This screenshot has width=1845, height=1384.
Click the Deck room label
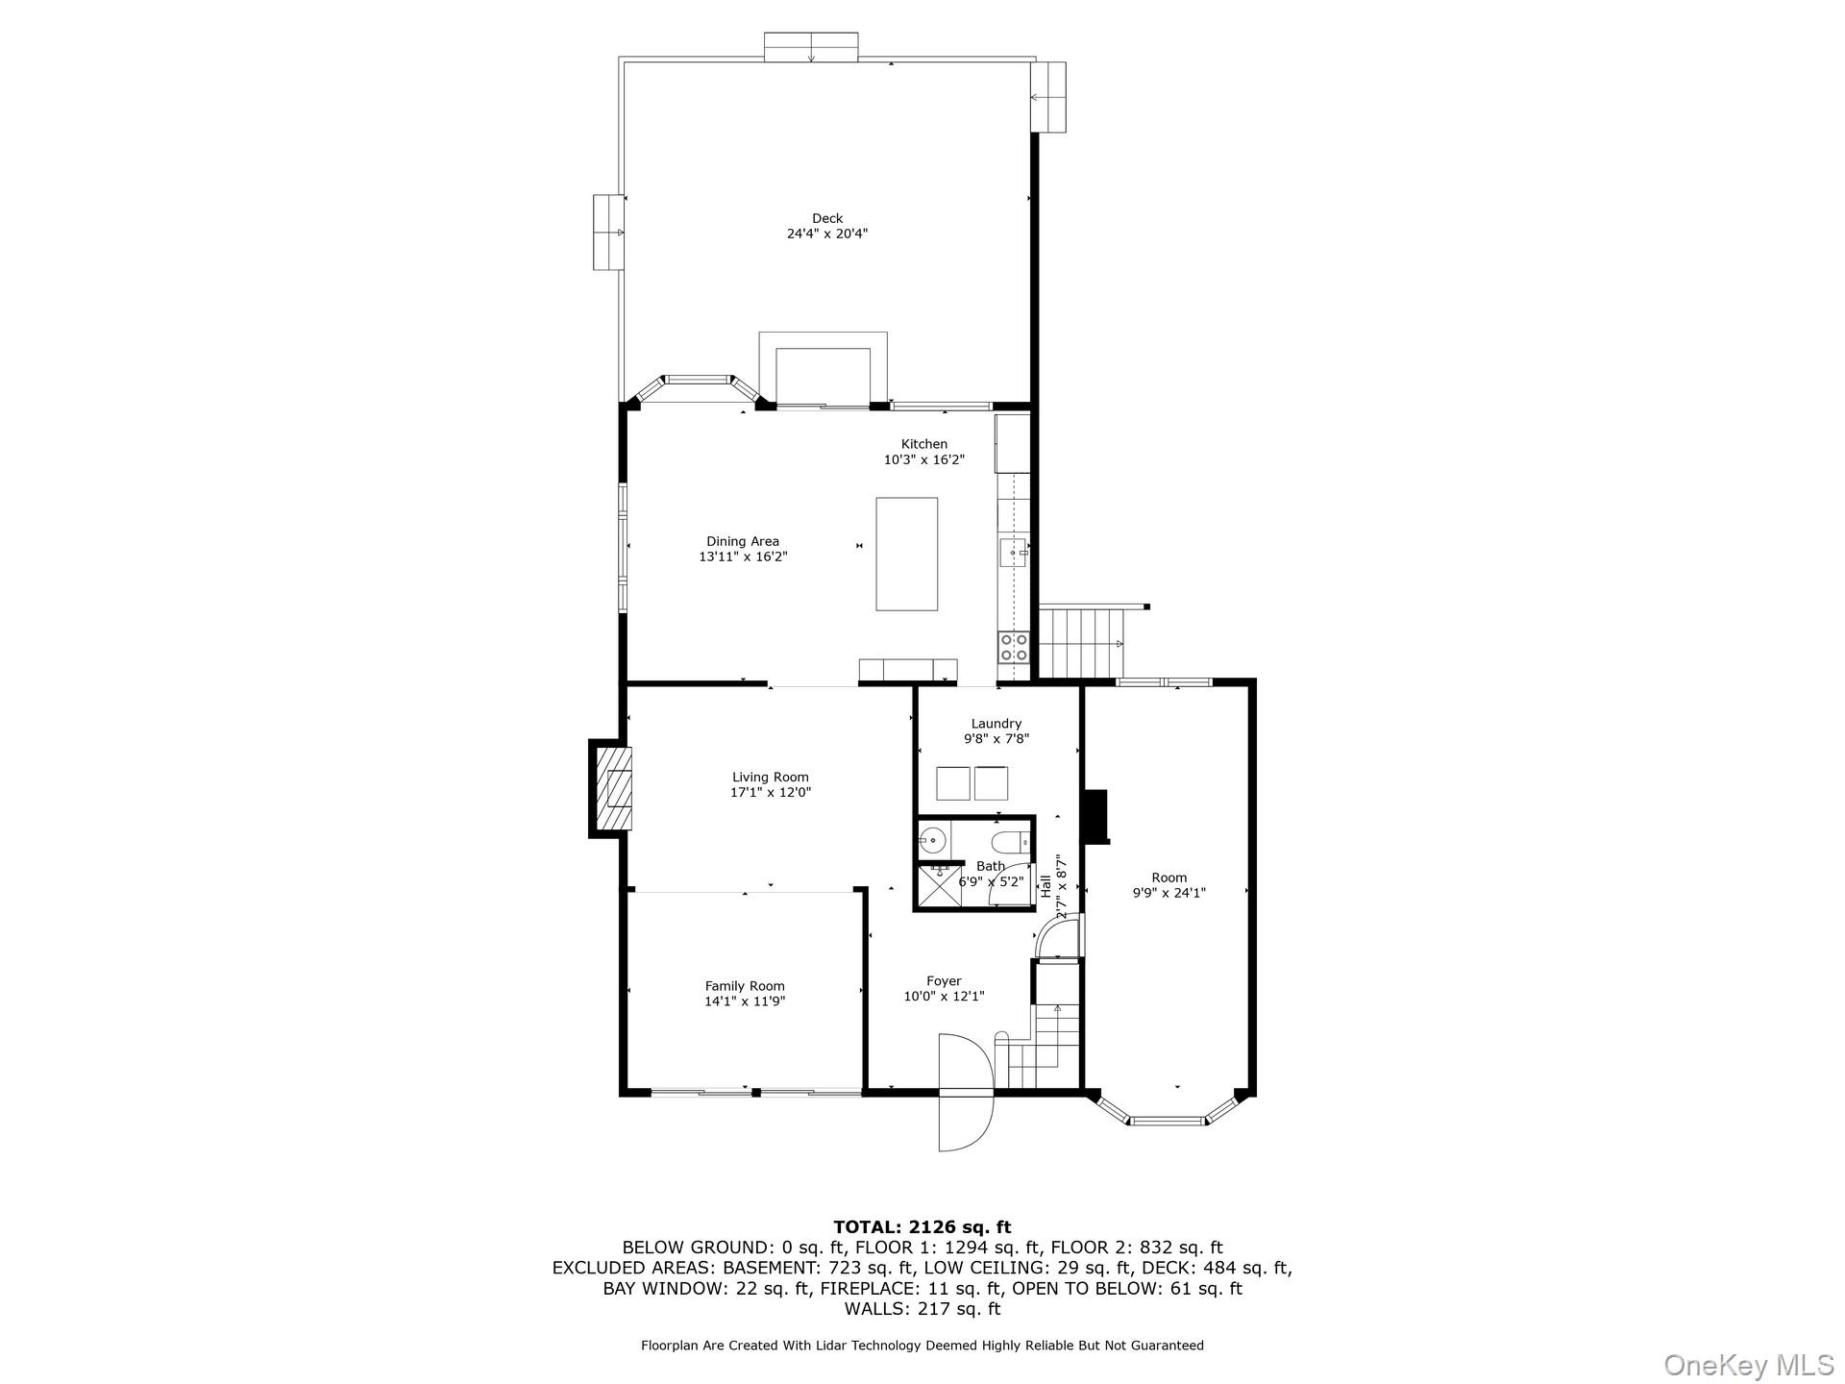coord(826,219)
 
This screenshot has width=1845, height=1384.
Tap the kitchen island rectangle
coord(906,554)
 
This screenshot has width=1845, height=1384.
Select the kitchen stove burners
coord(1014,647)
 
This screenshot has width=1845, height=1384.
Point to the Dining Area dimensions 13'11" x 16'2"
coord(743,556)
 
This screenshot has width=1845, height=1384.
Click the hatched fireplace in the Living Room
coord(614,788)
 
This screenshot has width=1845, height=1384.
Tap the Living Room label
coord(770,778)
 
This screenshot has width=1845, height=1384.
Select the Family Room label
coord(745,986)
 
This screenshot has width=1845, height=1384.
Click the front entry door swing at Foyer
coord(965,1093)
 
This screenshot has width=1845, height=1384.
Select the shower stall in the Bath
coord(939,886)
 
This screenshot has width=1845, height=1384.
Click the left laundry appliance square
coord(953,783)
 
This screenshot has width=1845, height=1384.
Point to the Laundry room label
coord(996,724)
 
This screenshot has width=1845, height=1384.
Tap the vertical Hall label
coord(1045,885)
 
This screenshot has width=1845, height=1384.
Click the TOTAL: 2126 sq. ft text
coord(922,1226)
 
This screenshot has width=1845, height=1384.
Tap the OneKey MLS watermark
coord(1749,1364)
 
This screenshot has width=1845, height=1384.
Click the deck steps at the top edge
coord(810,47)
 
